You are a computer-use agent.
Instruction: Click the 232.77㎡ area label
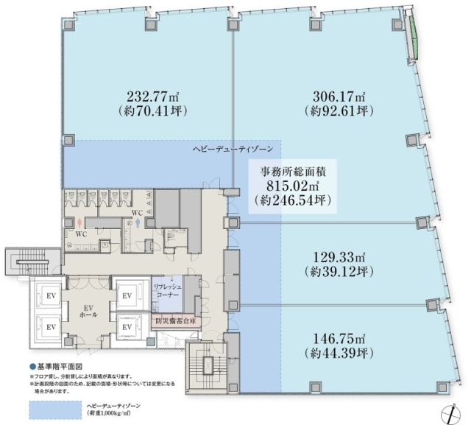(148, 96)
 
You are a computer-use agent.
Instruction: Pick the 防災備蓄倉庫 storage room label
(175, 321)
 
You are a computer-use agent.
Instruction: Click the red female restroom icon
(79, 221)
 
